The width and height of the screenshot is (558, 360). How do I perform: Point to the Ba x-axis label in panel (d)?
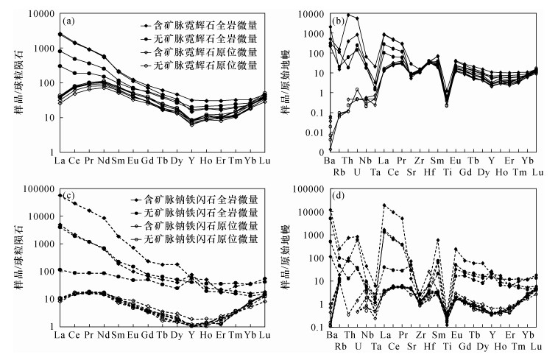pos(331,336)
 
